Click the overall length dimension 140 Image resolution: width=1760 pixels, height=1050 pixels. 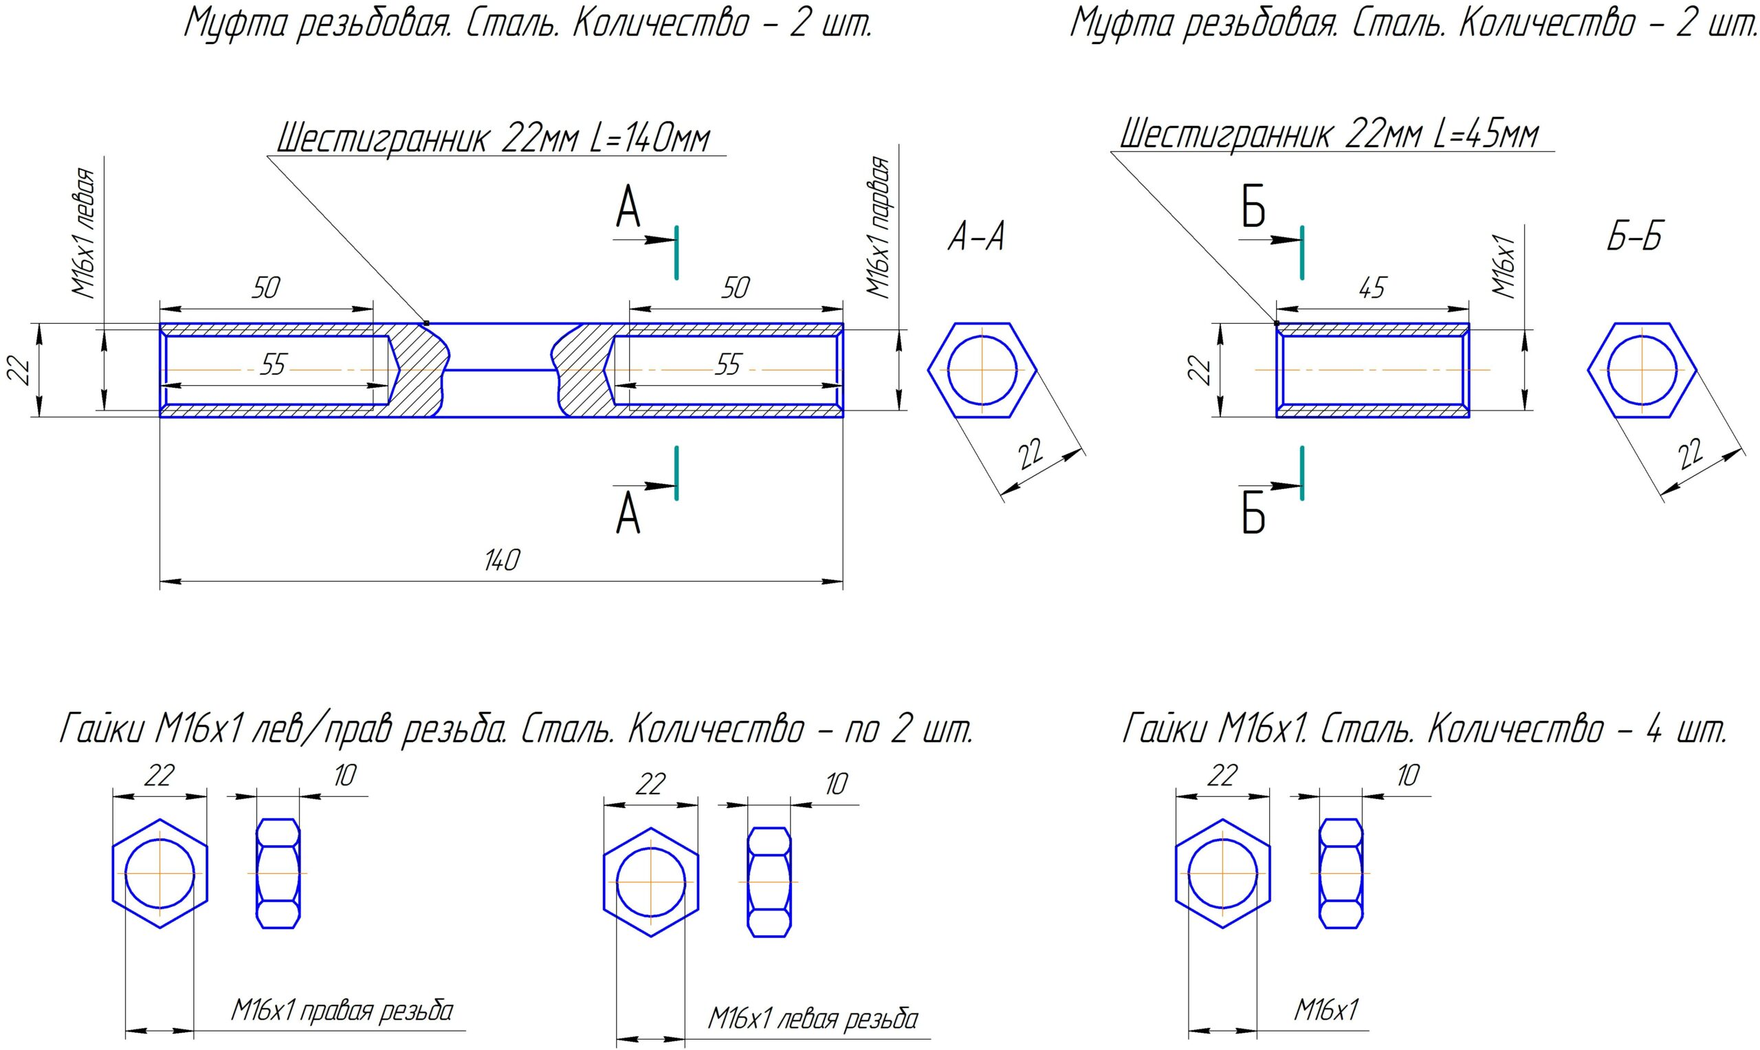(502, 561)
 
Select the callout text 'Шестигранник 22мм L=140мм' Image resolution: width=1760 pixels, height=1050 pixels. (492, 138)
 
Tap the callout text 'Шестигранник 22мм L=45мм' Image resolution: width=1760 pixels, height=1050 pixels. (1328, 135)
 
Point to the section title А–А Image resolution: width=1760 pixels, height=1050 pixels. (976, 237)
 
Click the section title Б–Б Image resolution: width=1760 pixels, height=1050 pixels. (1635, 236)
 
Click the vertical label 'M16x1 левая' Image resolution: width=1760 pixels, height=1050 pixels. (83, 234)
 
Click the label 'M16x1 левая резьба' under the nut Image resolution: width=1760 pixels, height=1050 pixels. (813, 1020)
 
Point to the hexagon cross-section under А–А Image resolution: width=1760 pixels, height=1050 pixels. (982, 370)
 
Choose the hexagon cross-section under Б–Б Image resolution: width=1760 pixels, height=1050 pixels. (1641, 370)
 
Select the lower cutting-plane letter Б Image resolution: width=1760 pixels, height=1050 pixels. (1253, 514)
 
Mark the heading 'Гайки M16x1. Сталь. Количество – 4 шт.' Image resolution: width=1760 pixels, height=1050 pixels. (1424, 730)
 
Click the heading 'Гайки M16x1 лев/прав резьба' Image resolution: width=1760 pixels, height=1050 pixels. (516, 730)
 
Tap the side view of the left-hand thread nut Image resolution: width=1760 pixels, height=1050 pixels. (769, 882)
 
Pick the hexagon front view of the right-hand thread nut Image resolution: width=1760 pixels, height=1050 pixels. (160, 873)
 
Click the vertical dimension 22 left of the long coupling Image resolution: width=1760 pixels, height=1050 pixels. (21, 370)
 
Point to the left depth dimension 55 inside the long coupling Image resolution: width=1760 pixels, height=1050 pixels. (272, 365)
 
